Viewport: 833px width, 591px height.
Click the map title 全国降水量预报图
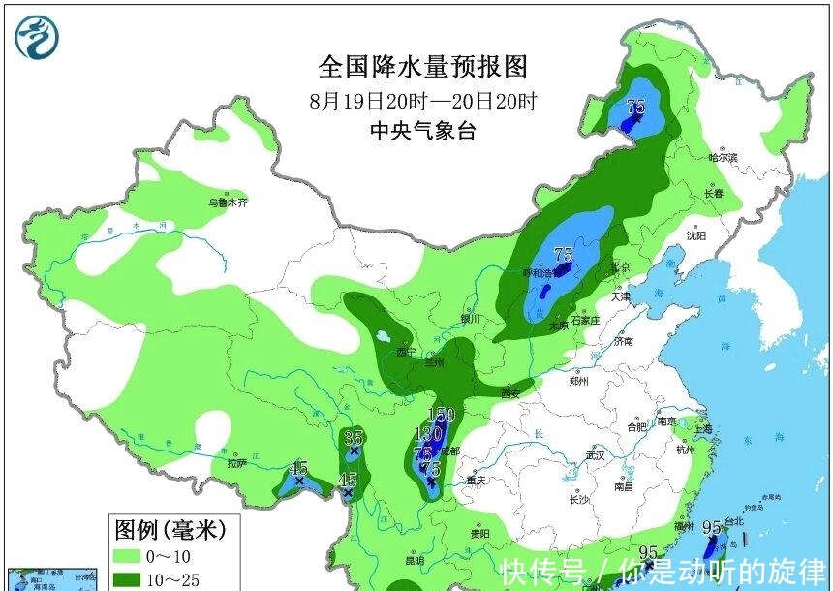pyautogui.click(x=423, y=66)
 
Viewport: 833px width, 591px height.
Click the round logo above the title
pyautogui.click(x=37, y=37)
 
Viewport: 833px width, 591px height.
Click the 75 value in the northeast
pyautogui.click(x=636, y=108)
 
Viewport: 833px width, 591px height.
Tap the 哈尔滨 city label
pyautogui.click(x=723, y=157)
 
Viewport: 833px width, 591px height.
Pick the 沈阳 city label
pyautogui.click(x=696, y=235)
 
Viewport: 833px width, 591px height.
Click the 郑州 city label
pyautogui.click(x=581, y=381)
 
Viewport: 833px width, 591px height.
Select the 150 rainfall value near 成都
pyautogui.click(x=441, y=415)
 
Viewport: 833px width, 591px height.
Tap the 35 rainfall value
pyautogui.click(x=354, y=437)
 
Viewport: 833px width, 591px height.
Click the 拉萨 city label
pyautogui.click(x=237, y=463)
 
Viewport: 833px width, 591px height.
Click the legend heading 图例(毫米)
pyautogui.click(x=170, y=530)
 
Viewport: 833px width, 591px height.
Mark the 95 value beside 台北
pyautogui.click(x=712, y=528)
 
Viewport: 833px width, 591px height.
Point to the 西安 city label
pyautogui.click(x=510, y=392)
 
